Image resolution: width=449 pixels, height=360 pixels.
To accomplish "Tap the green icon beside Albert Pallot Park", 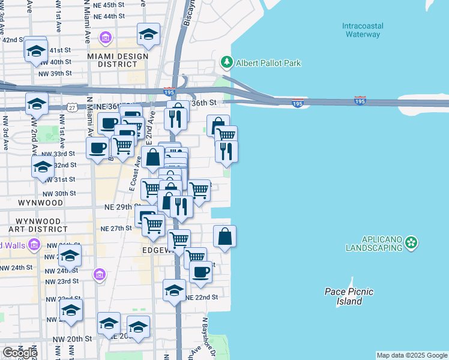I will tap(226, 62).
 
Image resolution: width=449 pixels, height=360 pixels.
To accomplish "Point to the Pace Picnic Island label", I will tap(349, 296).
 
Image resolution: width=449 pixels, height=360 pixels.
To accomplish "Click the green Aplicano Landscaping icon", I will tap(411, 242).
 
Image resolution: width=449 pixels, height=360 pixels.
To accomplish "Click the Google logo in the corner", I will tap(19, 352).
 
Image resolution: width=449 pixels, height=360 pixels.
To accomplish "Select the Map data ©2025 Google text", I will tap(412, 355).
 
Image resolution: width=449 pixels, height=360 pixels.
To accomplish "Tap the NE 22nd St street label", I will tap(201, 298).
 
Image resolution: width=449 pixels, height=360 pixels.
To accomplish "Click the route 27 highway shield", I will tap(71, 107).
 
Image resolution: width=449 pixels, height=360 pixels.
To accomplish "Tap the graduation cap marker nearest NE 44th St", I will tap(148, 34).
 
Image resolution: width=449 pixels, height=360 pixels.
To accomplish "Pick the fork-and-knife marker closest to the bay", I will tap(226, 151).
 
